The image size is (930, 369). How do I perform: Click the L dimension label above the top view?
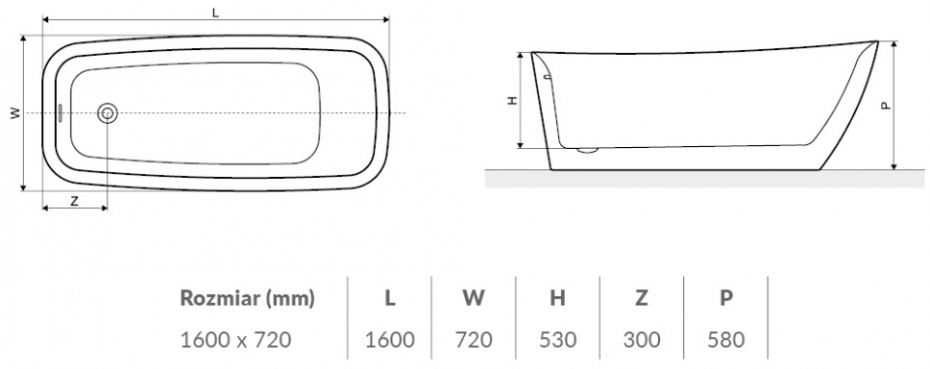(216, 12)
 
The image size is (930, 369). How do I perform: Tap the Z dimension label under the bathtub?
(74, 201)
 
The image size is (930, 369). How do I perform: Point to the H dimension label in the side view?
(513, 100)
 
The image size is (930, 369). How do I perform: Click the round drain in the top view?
(108, 112)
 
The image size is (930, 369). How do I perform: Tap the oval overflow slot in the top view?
(61, 112)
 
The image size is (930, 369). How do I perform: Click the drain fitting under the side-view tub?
(587, 150)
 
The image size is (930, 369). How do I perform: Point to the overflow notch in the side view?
(547, 76)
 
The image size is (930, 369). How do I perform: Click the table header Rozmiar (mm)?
(247, 299)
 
